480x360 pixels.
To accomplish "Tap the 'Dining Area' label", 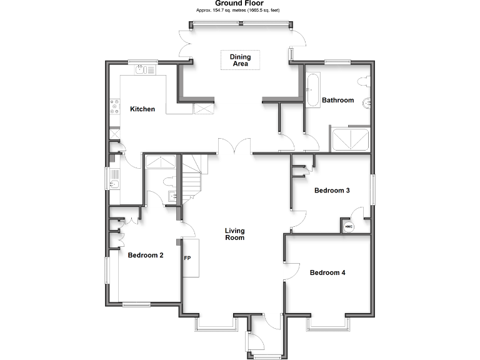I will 240,61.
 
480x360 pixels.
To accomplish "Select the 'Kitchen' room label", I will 142,109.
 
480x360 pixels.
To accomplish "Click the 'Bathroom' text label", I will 337,100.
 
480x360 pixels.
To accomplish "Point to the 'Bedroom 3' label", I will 331,191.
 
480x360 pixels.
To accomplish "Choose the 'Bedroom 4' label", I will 327,272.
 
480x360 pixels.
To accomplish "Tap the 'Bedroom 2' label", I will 146,255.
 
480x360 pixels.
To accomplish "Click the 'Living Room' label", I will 234,234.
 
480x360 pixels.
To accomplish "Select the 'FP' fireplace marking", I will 187,257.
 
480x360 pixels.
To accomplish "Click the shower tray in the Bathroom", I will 351,139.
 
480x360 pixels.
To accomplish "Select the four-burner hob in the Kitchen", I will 114,108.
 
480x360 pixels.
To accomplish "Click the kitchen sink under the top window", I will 145,70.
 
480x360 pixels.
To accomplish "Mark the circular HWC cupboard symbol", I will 349,226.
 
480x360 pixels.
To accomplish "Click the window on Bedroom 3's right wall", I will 372,189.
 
